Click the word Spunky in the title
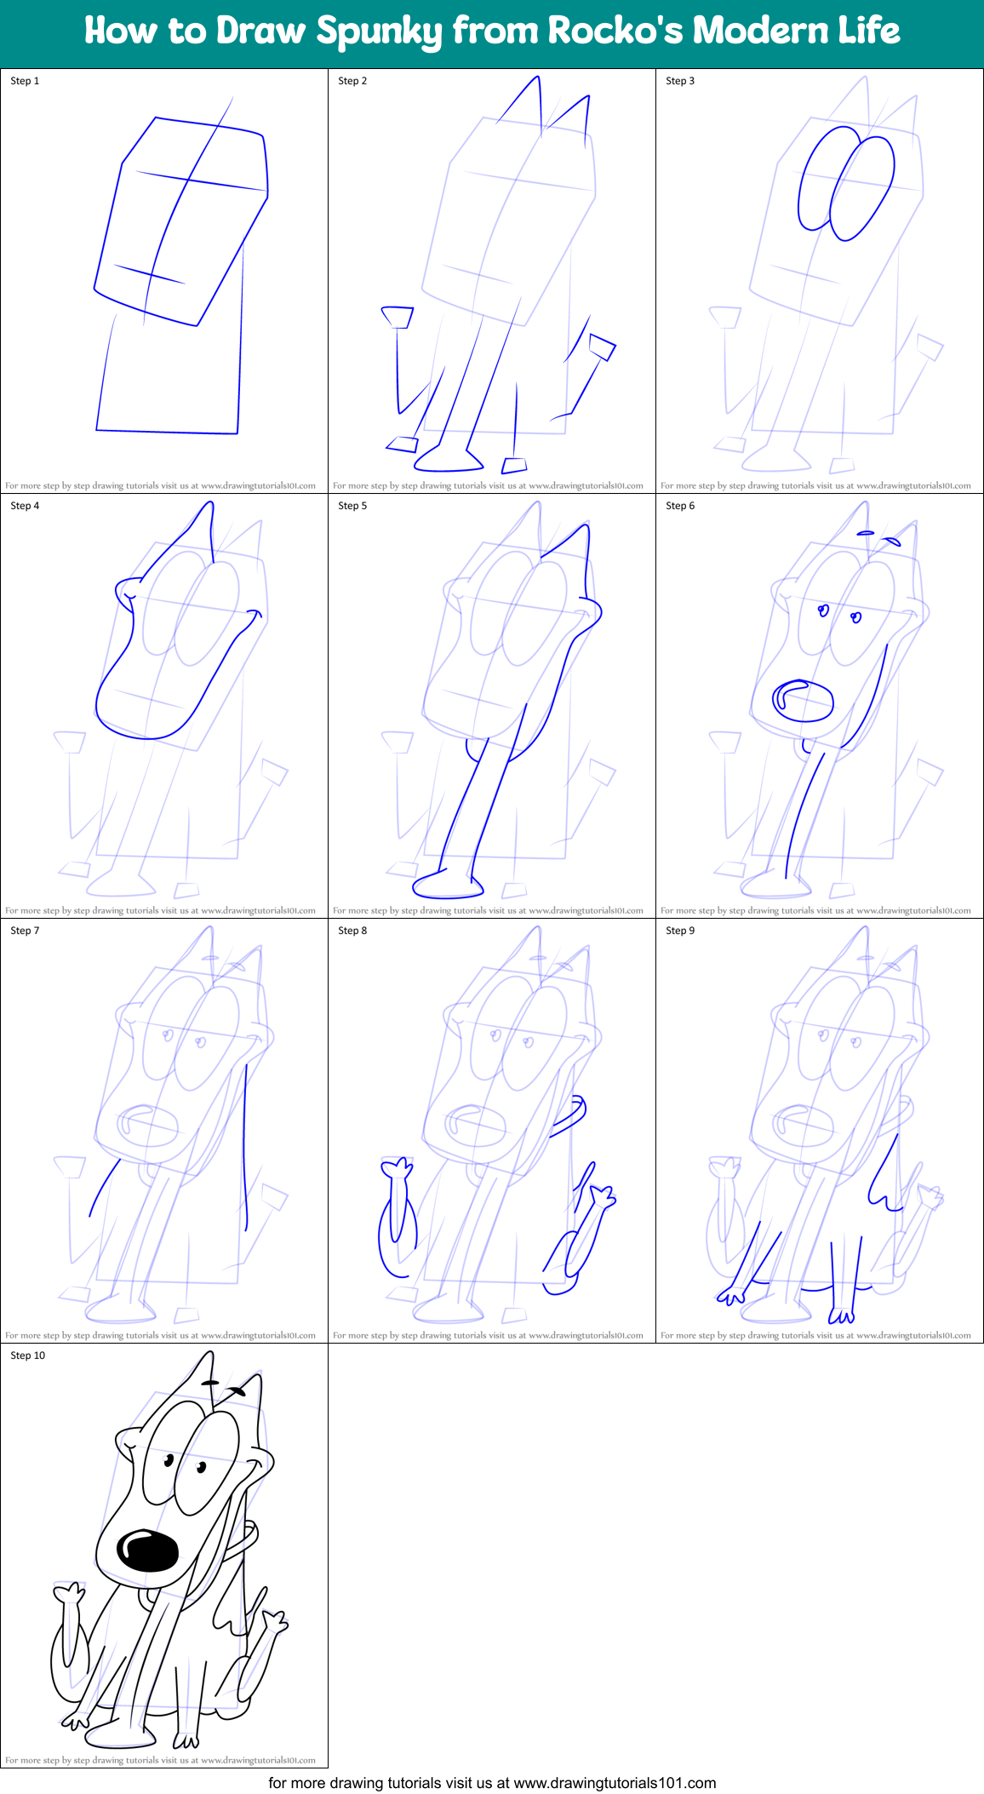pos(380,32)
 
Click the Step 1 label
pos(25,81)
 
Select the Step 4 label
pos(25,506)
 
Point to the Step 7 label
pos(25,931)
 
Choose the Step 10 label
pos(27,1356)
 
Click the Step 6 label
pos(680,506)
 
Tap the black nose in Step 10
pos(147,1550)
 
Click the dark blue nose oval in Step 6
pos(803,700)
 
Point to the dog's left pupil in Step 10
pos(169,1460)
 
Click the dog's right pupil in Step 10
pos(202,1466)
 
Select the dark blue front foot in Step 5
pos(448,886)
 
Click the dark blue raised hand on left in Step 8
pos(396,1168)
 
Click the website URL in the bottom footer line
pos(615,1783)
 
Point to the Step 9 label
pos(680,931)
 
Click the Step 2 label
pos(352,81)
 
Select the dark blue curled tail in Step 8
pos(573,1115)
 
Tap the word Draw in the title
pos(260,31)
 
